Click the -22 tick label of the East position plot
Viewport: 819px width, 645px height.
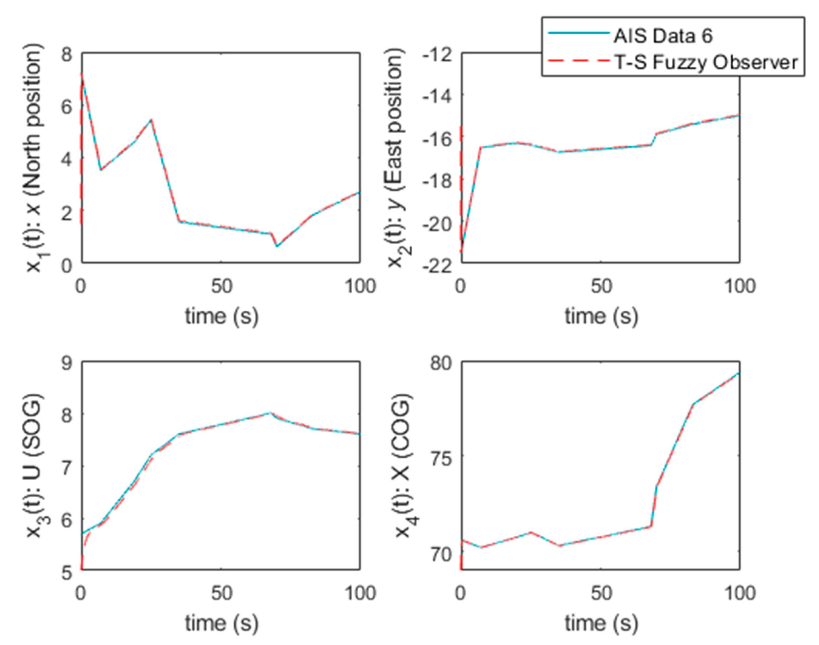coord(437,267)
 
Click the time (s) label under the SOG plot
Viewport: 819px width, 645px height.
coord(222,623)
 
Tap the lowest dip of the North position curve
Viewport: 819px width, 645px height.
coord(277,246)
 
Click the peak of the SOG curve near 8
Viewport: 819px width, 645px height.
coord(269,413)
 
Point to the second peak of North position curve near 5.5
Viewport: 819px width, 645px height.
coord(151,120)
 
